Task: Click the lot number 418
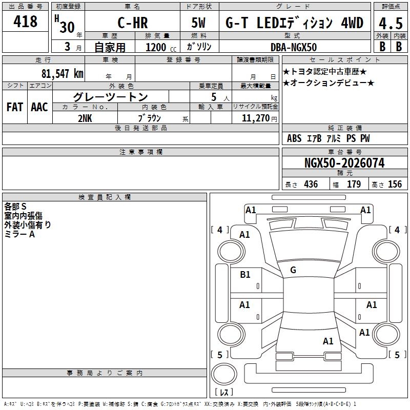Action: click(x=25, y=21)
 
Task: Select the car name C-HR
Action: click(x=133, y=23)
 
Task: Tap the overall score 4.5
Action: click(x=391, y=23)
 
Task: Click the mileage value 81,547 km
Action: click(x=63, y=73)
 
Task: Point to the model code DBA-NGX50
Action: click(x=294, y=47)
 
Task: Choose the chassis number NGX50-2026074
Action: click(x=344, y=163)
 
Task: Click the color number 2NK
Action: click(x=85, y=118)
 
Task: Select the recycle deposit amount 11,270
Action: click(x=255, y=118)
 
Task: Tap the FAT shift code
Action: click(x=15, y=107)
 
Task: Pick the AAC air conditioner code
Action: click(x=39, y=107)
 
